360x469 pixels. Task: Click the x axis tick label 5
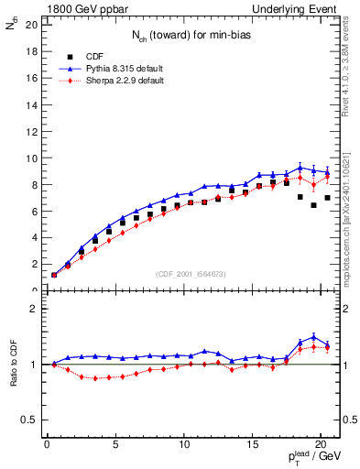click(x=115, y=447)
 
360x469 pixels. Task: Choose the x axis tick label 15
click(x=252, y=447)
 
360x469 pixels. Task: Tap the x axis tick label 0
click(x=47, y=447)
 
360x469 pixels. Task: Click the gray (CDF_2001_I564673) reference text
click(x=189, y=274)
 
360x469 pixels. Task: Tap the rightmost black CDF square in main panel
click(x=327, y=198)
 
